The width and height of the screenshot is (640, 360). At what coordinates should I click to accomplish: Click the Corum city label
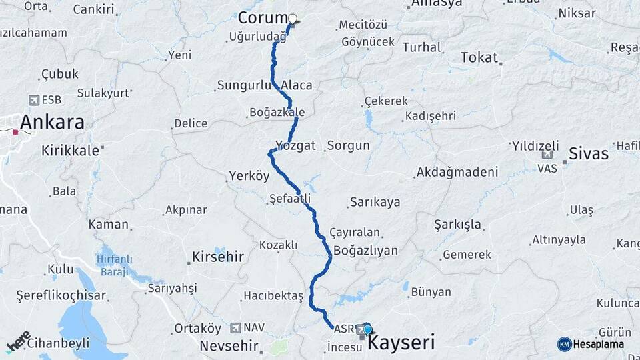pyautogui.click(x=262, y=18)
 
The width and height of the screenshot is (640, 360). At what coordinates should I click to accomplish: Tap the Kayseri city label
pyautogui.click(x=401, y=343)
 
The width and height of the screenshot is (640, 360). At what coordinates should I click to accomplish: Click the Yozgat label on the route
pyautogui.click(x=295, y=145)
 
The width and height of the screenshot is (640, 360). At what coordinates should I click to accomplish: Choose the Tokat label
pyautogui.click(x=479, y=58)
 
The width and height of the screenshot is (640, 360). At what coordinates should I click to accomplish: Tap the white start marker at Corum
pyautogui.click(x=292, y=19)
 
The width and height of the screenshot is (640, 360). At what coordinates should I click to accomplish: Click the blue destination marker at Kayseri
pyautogui.click(x=367, y=329)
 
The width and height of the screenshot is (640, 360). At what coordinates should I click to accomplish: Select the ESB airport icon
pyautogui.click(x=34, y=100)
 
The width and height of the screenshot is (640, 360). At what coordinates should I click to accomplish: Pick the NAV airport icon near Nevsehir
pyautogui.click(x=235, y=328)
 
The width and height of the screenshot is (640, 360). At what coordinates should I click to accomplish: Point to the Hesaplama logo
pyautogui.click(x=591, y=344)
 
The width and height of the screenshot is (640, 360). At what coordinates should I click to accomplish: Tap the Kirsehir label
pyautogui.click(x=217, y=257)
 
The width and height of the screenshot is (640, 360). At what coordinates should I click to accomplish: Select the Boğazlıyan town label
pyautogui.click(x=365, y=251)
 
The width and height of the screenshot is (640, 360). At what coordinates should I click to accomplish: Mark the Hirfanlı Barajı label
pyautogui.click(x=115, y=265)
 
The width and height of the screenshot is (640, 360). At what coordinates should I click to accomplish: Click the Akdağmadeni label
pyautogui.click(x=457, y=173)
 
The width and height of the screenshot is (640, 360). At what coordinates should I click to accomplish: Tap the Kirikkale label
pyautogui.click(x=70, y=151)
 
